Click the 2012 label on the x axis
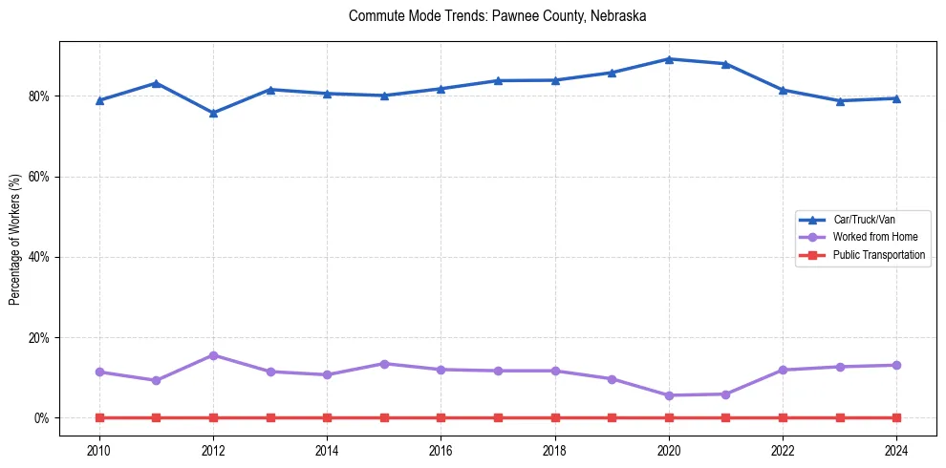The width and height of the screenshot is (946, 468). pos(213,450)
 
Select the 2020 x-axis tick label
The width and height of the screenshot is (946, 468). pos(669,450)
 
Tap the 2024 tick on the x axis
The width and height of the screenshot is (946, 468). pos(896,450)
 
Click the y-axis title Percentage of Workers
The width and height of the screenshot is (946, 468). pos(15,239)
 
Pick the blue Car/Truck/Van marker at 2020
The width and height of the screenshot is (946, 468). pos(669,59)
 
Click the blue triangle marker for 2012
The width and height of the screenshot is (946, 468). pos(213,113)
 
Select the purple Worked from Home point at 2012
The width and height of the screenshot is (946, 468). pos(213,355)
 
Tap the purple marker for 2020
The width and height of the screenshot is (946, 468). pos(669,395)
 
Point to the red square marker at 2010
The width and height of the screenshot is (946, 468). pos(99,418)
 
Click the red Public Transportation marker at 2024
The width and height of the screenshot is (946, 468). pos(896,418)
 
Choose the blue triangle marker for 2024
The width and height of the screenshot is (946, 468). pos(896,98)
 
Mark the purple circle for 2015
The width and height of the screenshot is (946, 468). pos(384,364)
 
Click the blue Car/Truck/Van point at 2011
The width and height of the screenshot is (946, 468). pos(156,83)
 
